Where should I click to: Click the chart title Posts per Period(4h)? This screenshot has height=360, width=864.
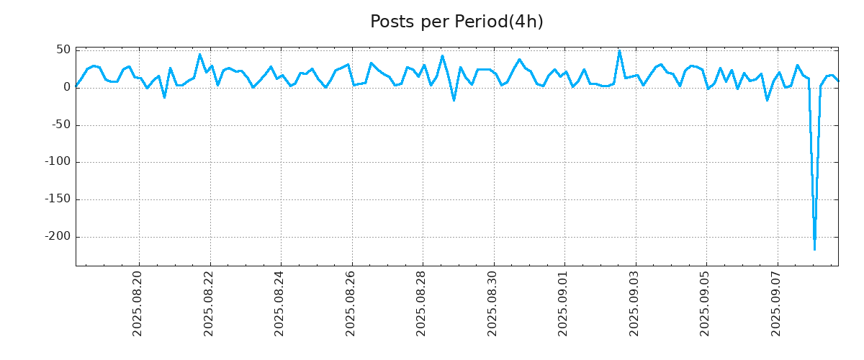tap(456, 22)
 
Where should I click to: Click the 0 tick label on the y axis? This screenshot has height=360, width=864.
tap(66, 87)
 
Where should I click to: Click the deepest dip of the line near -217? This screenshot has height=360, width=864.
tap(814, 249)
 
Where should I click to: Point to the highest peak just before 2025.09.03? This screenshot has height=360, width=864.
tap(619, 51)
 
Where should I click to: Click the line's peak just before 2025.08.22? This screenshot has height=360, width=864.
tap(200, 54)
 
